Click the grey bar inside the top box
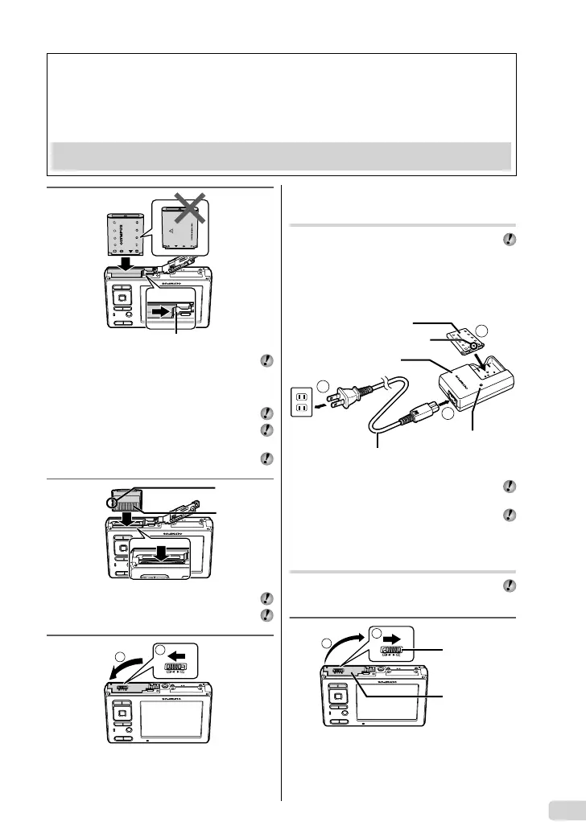(x=282, y=155)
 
